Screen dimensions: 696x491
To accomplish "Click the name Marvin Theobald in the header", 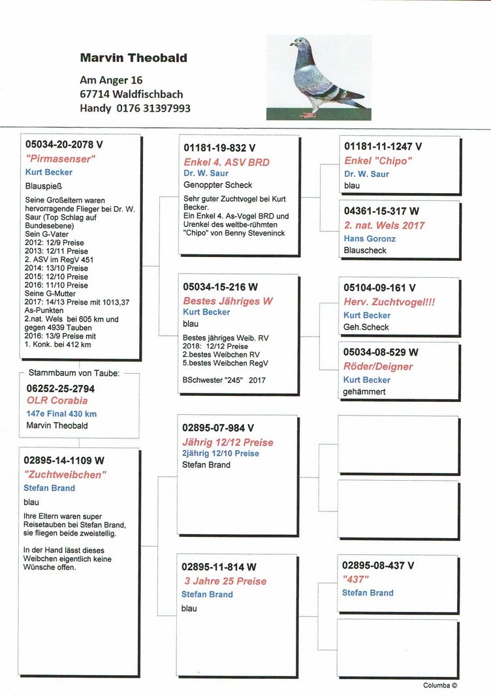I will click(x=133, y=58).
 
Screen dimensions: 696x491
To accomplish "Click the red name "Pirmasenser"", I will click(x=61, y=159).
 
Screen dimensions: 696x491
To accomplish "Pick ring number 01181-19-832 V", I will click(x=219, y=149).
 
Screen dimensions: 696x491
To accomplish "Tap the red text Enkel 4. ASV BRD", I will click(x=226, y=162).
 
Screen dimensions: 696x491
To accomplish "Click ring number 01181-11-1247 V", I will click(x=383, y=147).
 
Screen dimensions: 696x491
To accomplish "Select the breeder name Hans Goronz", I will click(x=370, y=239).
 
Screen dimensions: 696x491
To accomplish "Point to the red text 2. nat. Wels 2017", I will click(x=384, y=226).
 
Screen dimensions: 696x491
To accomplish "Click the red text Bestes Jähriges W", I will click(x=228, y=301).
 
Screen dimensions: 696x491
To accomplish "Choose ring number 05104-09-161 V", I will click(x=379, y=288).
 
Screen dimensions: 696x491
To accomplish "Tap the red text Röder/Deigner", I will click(x=378, y=367).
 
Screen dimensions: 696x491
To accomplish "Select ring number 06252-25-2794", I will click(x=65, y=388).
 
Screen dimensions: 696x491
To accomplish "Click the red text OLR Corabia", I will click(x=57, y=401).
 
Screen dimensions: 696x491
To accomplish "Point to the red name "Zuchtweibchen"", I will click(x=65, y=475).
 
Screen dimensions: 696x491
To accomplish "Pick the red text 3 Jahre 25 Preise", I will click(x=225, y=581).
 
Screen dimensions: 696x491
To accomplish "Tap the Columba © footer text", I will click(x=440, y=686).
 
